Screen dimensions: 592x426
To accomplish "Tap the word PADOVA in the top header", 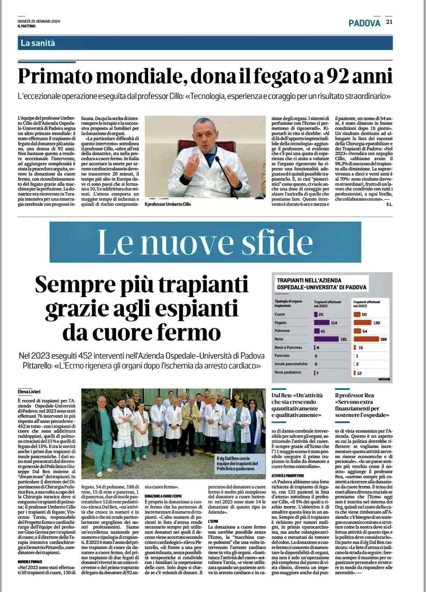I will click(x=364, y=23).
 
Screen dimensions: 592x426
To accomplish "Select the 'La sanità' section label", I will click(x=38, y=43).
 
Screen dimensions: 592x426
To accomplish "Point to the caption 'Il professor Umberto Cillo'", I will click(x=168, y=204).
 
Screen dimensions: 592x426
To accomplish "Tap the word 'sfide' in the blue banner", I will click(x=281, y=242).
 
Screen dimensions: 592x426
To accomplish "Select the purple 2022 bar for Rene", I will click(x=326, y=339).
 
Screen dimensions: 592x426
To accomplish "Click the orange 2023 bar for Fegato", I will click(x=362, y=322).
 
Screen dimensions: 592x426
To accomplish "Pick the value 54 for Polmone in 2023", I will click(x=365, y=331).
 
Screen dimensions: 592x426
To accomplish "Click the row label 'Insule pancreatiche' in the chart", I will click(x=291, y=364).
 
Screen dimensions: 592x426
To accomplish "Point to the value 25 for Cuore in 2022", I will click(x=321, y=314).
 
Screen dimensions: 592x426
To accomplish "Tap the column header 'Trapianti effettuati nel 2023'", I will click(x=367, y=304).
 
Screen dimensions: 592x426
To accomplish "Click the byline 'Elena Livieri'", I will click(x=30, y=392).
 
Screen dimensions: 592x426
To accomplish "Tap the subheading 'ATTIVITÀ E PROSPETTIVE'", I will click(x=288, y=476).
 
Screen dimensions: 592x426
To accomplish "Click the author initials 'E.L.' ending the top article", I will click(x=389, y=204).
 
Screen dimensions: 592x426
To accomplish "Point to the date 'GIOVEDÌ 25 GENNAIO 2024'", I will click(x=39, y=21).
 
